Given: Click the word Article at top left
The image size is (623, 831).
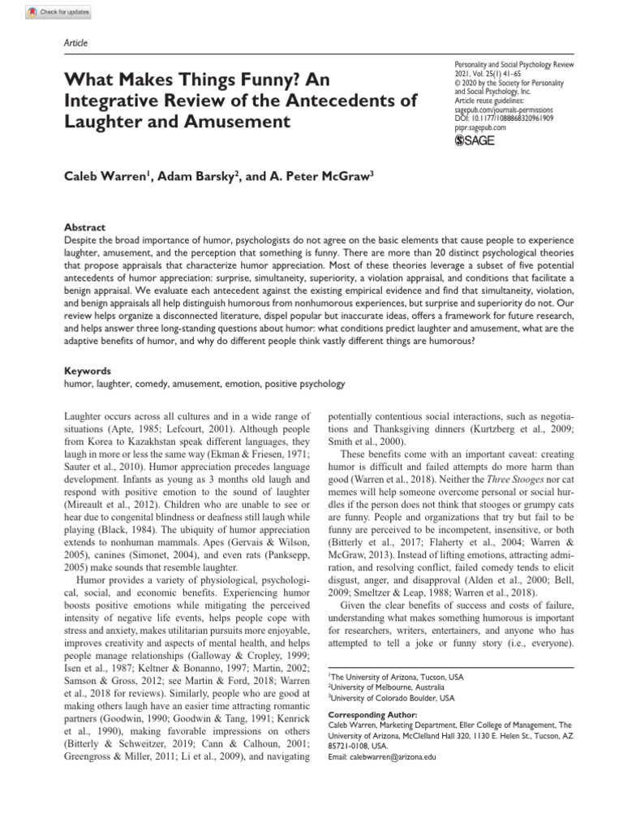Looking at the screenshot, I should (75, 43).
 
